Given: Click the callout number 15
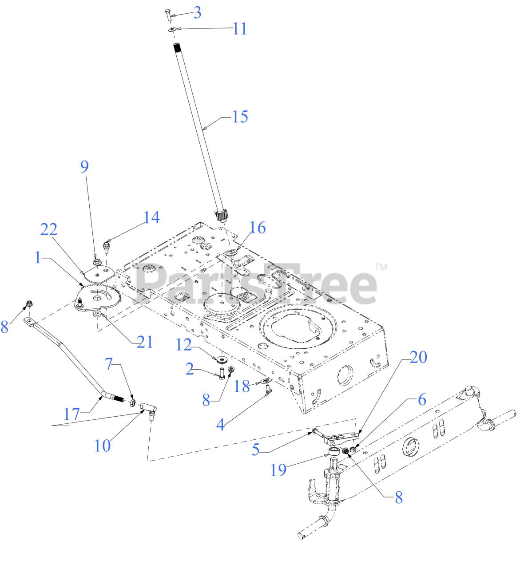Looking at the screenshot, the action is click(x=240, y=117).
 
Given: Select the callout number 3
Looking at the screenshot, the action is click(x=197, y=12).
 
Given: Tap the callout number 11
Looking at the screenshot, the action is click(x=240, y=29).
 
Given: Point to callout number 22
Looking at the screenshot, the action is click(x=49, y=230).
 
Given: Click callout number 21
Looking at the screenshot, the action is click(x=145, y=342).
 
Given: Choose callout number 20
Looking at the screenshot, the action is click(x=418, y=357).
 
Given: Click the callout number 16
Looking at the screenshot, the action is click(x=258, y=228).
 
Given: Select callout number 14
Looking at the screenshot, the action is click(x=151, y=217).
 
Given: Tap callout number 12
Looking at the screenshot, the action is click(x=183, y=345).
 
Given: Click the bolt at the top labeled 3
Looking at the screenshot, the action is click(x=167, y=14).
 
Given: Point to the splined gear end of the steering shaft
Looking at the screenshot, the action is click(x=223, y=216).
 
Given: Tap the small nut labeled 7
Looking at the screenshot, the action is click(x=132, y=403).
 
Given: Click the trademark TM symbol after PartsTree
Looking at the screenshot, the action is click(x=381, y=267).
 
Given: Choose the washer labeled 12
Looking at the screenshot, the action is click(x=222, y=358).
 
